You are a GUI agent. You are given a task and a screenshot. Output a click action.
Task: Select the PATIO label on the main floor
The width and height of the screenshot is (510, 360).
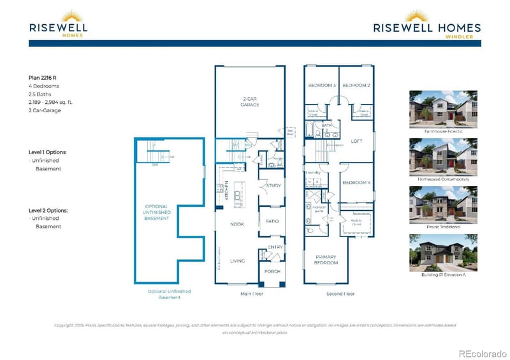click(x=272, y=221)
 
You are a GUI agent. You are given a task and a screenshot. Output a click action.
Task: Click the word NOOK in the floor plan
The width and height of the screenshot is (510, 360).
click(x=237, y=224)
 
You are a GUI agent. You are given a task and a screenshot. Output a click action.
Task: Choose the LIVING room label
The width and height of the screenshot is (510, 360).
click(x=237, y=261)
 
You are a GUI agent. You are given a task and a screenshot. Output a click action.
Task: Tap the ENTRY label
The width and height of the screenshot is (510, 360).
click(x=275, y=247)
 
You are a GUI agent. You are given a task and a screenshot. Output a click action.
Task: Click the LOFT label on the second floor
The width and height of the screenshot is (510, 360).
click(x=356, y=141)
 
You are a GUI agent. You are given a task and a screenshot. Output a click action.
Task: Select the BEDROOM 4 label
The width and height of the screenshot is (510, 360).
click(x=356, y=183)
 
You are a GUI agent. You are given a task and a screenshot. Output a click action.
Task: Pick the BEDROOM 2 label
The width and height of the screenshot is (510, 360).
click(x=356, y=85)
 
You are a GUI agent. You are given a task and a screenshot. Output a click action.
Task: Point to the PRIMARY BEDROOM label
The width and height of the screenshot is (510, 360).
click(x=324, y=259)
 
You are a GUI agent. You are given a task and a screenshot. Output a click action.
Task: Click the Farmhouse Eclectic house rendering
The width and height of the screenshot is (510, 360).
click(x=435, y=110)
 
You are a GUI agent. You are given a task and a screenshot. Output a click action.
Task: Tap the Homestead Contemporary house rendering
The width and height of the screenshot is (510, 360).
click(x=435, y=157)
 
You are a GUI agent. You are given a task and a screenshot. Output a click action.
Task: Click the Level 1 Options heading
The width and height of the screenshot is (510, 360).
click(x=48, y=152)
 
